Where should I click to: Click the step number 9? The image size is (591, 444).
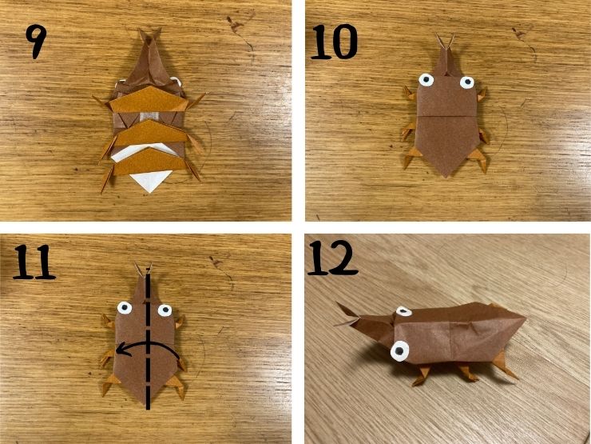pyautogui.click(x=36, y=42)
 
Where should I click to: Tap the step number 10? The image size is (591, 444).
pyautogui.click(x=334, y=42)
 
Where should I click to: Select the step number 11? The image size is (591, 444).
pyautogui.click(x=34, y=262)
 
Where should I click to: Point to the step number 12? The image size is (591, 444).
pyautogui.click(x=332, y=258)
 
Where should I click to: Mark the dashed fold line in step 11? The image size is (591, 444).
pyautogui.click(x=149, y=342)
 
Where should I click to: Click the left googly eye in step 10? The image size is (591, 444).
pyautogui.click(x=426, y=80)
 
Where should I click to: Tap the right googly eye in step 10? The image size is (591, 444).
pyautogui.click(x=466, y=82)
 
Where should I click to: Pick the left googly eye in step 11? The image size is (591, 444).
pyautogui.click(x=125, y=308)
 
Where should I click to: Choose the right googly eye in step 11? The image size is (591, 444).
pyautogui.click(x=165, y=310)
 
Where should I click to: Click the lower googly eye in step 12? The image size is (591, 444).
pyautogui.click(x=400, y=350)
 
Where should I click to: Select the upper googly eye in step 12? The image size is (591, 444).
pyautogui.click(x=403, y=311)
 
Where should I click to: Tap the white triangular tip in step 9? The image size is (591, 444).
pyautogui.click(x=150, y=181)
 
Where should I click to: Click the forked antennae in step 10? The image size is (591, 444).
pyautogui.click(x=445, y=42)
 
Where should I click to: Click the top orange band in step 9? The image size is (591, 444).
pyautogui.click(x=149, y=99)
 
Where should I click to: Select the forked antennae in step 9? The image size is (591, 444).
pyautogui.click(x=150, y=37)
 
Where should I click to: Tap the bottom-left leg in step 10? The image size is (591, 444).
pyautogui.click(x=411, y=157)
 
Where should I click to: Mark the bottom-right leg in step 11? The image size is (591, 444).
pyautogui.click(x=177, y=386)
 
